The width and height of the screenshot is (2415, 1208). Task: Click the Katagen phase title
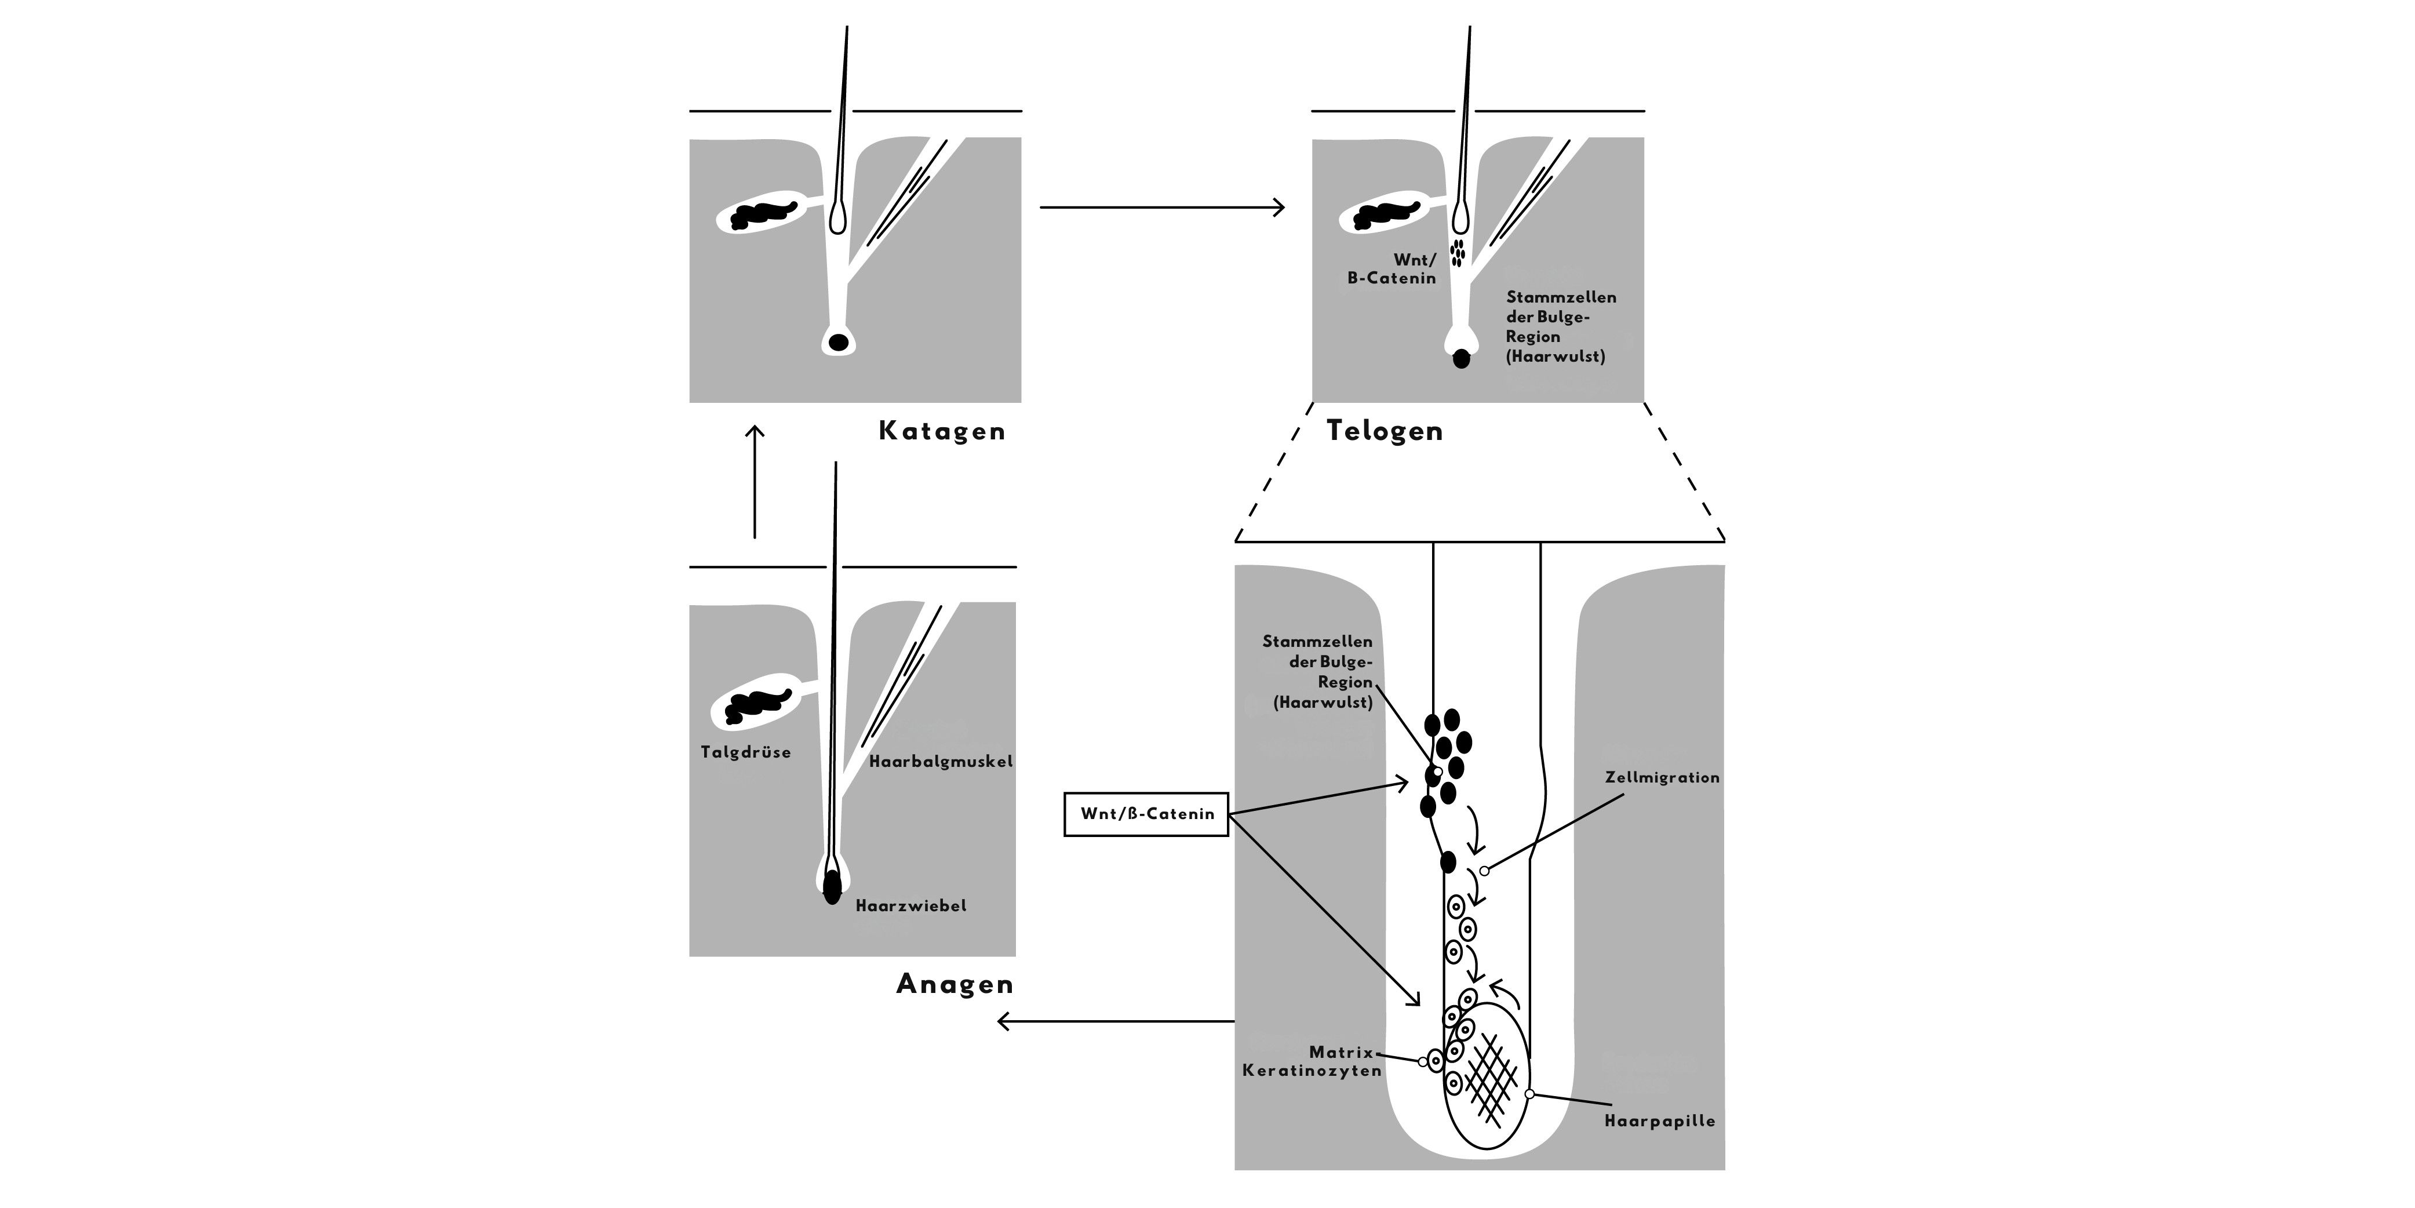pyautogui.click(x=941, y=431)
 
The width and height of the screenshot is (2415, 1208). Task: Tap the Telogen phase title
pyautogui.click(x=1384, y=431)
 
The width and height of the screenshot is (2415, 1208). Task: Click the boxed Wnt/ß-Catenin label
pyautogui.click(x=1146, y=814)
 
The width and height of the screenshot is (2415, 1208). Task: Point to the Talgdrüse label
pyautogui.click(x=745, y=752)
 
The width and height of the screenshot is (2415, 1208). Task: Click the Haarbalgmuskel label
pyautogui.click(x=940, y=762)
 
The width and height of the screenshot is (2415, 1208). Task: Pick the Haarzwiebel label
pyautogui.click(x=910, y=906)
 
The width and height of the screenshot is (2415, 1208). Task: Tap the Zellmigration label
pyautogui.click(x=1662, y=777)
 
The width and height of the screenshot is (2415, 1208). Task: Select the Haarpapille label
pyautogui.click(x=1659, y=1121)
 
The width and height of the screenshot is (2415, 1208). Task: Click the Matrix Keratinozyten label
pyautogui.click(x=1313, y=1062)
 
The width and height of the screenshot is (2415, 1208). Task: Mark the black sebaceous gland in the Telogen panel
pyautogui.click(x=1385, y=215)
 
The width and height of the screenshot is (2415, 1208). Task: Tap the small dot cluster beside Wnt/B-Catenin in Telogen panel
pyautogui.click(x=1457, y=252)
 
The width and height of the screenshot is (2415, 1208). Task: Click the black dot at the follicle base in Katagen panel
pyautogui.click(x=838, y=343)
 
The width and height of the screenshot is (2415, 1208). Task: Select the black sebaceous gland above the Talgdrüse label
pyautogui.click(x=757, y=706)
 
